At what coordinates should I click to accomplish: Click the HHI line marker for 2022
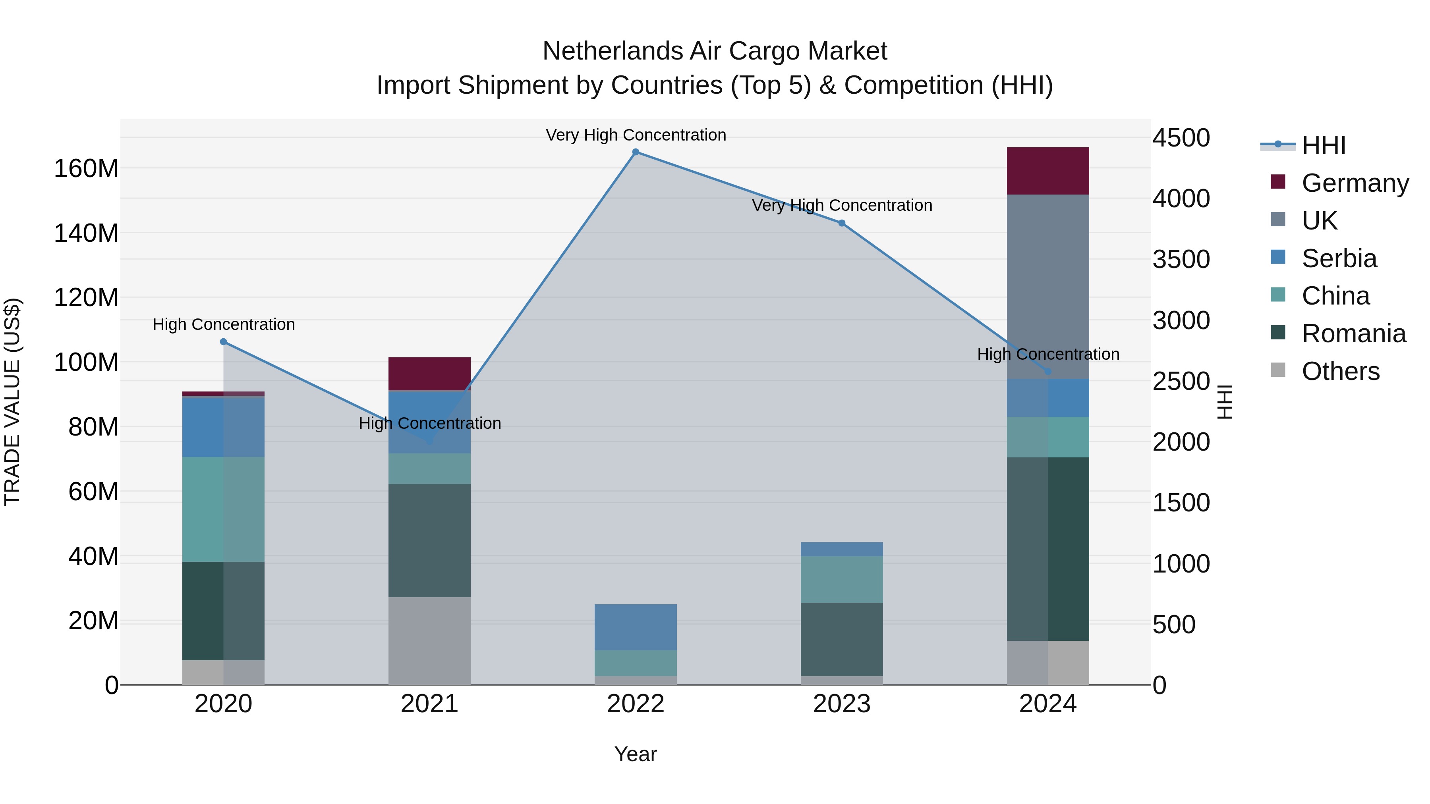(x=636, y=152)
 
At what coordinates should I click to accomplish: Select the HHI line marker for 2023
(x=842, y=223)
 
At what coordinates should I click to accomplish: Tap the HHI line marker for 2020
(x=223, y=342)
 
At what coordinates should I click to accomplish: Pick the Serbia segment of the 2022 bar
(x=636, y=627)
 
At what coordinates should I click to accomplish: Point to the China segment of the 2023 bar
(x=842, y=579)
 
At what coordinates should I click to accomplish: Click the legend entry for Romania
(x=1353, y=334)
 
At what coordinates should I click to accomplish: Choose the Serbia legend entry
(x=1339, y=258)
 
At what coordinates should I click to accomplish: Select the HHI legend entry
(x=1324, y=145)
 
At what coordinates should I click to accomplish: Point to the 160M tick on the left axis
(x=86, y=168)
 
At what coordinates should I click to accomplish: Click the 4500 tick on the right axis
(x=1181, y=138)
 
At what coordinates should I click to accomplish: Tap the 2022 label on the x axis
(x=636, y=704)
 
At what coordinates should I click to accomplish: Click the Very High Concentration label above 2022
(x=636, y=135)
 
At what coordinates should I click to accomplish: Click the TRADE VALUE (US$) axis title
(x=12, y=402)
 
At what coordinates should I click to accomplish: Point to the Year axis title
(x=636, y=754)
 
